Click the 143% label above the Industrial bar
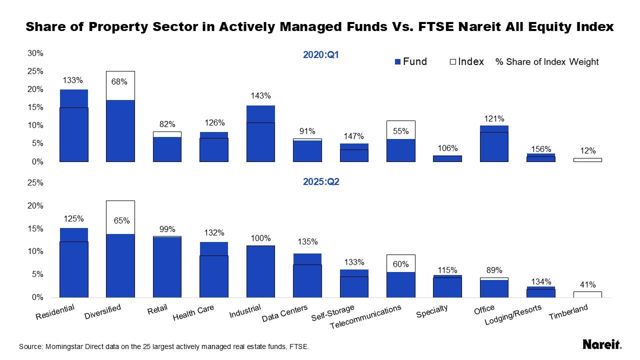point(260,96)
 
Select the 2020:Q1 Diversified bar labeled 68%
point(120,130)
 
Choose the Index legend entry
point(467,61)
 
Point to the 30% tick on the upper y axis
point(35,53)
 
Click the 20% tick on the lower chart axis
point(35,206)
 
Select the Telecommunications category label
point(366,317)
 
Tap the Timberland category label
point(568,313)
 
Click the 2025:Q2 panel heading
point(321,181)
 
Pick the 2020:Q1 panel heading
point(321,54)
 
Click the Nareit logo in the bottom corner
point(602,344)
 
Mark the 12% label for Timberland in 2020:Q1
point(588,151)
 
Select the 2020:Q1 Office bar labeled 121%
point(494,144)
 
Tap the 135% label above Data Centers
point(307,242)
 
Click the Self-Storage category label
point(333,313)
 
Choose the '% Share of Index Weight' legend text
point(547,62)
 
